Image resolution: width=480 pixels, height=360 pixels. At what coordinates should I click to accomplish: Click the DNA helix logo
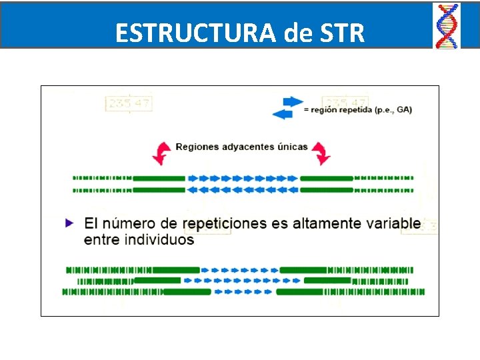pyautogui.click(x=447, y=25)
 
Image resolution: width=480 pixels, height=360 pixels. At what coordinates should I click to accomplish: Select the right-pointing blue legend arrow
pyautogui.click(x=293, y=101)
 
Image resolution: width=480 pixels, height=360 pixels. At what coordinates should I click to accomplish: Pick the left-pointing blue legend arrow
pyautogui.click(x=283, y=114)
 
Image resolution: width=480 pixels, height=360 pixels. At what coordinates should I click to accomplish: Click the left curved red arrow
pyautogui.click(x=161, y=153)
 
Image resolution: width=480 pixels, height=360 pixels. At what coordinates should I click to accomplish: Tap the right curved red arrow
pyautogui.click(x=322, y=153)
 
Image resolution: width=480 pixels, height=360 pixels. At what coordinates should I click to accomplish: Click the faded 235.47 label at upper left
pyautogui.click(x=129, y=103)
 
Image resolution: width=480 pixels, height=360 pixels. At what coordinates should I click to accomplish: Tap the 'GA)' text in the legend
pyautogui.click(x=404, y=109)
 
